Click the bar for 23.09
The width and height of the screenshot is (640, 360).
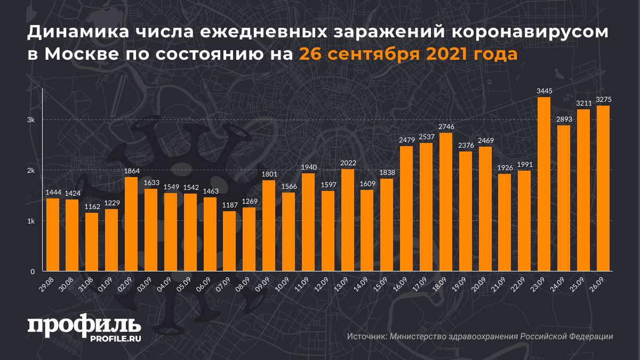pyautogui.click(x=544, y=184)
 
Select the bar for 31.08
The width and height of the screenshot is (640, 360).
pyautogui.click(x=91, y=242)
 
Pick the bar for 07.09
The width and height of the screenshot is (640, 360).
pyautogui.click(x=229, y=241)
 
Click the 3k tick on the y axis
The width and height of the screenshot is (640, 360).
pyautogui.click(x=31, y=120)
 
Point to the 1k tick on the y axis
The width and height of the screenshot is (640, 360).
pyautogui.click(x=31, y=221)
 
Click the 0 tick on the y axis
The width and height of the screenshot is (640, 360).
pyautogui.click(x=33, y=271)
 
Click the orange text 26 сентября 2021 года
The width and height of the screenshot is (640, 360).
pyautogui.click(x=407, y=54)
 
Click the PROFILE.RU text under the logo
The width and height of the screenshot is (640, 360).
pyautogui.click(x=114, y=339)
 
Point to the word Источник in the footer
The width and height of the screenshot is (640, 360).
pyautogui.click(x=366, y=337)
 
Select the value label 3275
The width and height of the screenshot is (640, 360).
pyautogui.click(x=603, y=100)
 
